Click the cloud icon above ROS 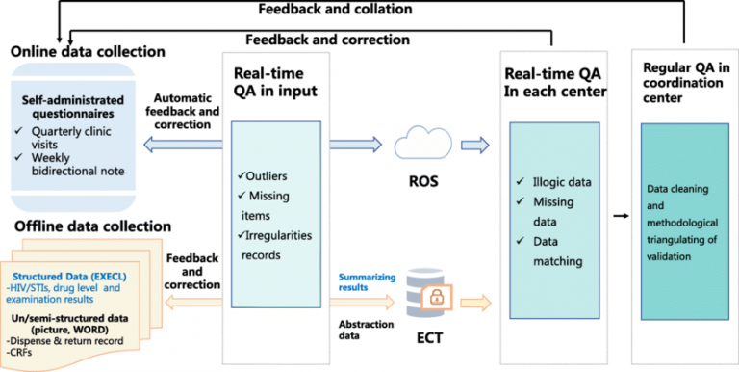tap(422, 142)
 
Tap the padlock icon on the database tap(437, 298)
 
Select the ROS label tap(423, 181)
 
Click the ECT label tap(429, 337)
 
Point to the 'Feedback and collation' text tap(335, 9)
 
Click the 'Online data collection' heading tap(89, 51)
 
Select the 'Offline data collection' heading tap(92, 226)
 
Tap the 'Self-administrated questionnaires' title tap(72, 107)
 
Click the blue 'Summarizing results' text tap(360, 281)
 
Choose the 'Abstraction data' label tap(367, 330)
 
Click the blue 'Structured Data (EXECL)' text tap(69, 277)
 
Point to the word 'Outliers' tap(267, 176)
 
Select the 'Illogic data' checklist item tap(562, 182)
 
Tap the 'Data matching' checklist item tap(557, 252)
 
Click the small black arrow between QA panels tap(622, 216)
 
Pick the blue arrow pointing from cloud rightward tap(475, 145)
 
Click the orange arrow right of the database tap(475, 303)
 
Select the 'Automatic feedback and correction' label tap(182, 112)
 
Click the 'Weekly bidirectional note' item tap(78, 164)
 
